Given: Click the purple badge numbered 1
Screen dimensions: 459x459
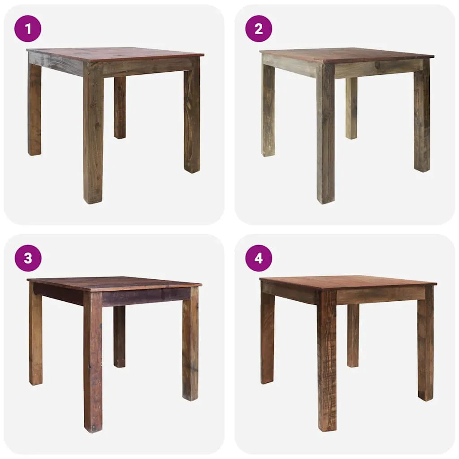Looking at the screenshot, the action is (x=28, y=29).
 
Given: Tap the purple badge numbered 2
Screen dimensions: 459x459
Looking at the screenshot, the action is (x=259, y=29).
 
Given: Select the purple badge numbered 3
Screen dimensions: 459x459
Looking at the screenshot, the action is (x=28, y=258).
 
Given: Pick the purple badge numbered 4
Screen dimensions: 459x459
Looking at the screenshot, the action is (x=259, y=258).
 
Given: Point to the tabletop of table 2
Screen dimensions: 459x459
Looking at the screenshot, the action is (x=346, y=55).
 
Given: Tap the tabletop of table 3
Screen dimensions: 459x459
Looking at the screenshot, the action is (x=114, y=283).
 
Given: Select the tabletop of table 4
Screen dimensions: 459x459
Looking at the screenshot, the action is (x=348, y=283).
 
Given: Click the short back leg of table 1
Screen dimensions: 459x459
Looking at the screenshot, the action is (x=120, y=108).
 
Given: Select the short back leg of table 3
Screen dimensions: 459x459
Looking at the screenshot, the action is (x=119, y=337).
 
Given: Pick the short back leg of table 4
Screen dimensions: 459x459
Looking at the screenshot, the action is (x=353, y=335).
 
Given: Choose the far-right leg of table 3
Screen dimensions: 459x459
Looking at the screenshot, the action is (x=190, y=344).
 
